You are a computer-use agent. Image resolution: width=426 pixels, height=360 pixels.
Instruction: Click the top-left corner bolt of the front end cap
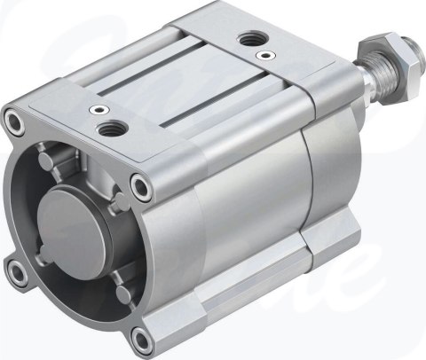point(12,119)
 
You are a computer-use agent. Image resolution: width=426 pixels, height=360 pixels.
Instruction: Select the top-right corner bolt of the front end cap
point(139,185)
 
